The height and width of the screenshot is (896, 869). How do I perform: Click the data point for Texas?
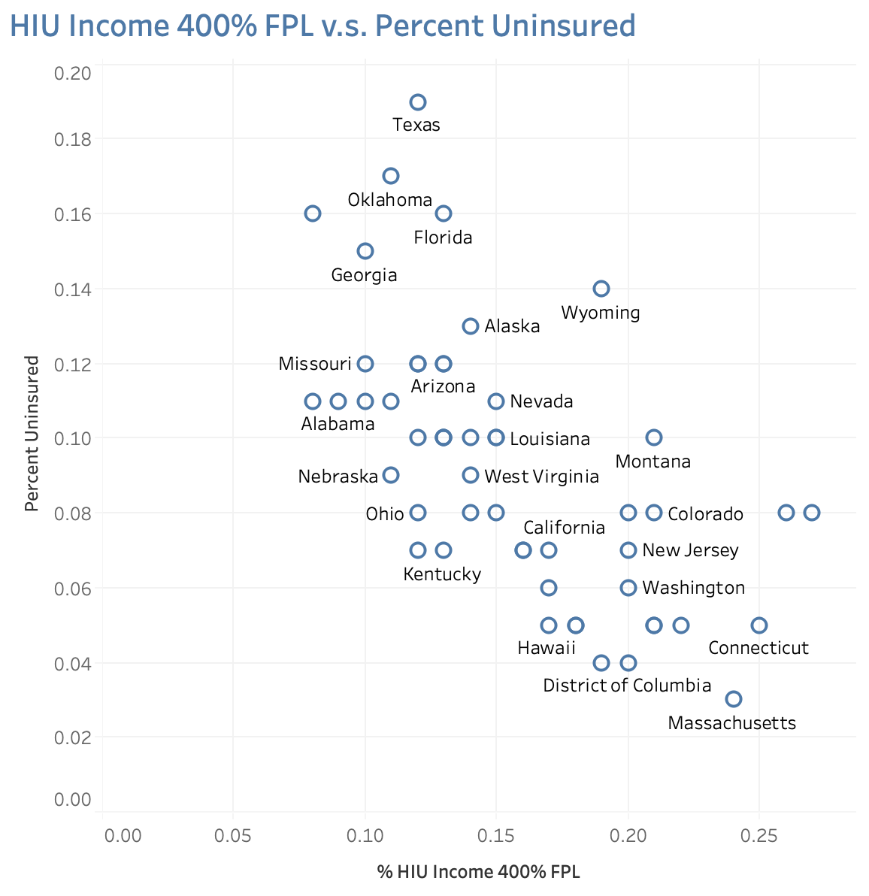click(418, 102)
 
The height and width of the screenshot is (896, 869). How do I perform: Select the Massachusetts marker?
click(734, 699)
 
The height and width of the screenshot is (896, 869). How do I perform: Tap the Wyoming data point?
click(601, 289)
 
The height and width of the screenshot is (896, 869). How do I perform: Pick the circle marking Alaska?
click(471, 326)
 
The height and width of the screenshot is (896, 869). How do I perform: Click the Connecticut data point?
click(759, 625)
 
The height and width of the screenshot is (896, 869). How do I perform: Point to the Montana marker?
click(654, 437)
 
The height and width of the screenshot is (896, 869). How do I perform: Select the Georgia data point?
click(365, 251)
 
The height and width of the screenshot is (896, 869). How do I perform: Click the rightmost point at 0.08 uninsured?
click(812, 513)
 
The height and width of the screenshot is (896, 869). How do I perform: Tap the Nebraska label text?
click(338, 477)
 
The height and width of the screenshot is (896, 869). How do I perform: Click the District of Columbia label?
click(627, 686)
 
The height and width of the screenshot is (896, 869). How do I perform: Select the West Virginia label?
click(541, 477)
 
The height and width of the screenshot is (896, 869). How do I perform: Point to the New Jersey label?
click(690, 551)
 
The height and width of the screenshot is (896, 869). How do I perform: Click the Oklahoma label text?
click(389, 200)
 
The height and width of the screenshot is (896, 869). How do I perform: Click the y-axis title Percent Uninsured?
click(32, 434)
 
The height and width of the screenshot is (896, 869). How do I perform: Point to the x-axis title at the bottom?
click(479, 872)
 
